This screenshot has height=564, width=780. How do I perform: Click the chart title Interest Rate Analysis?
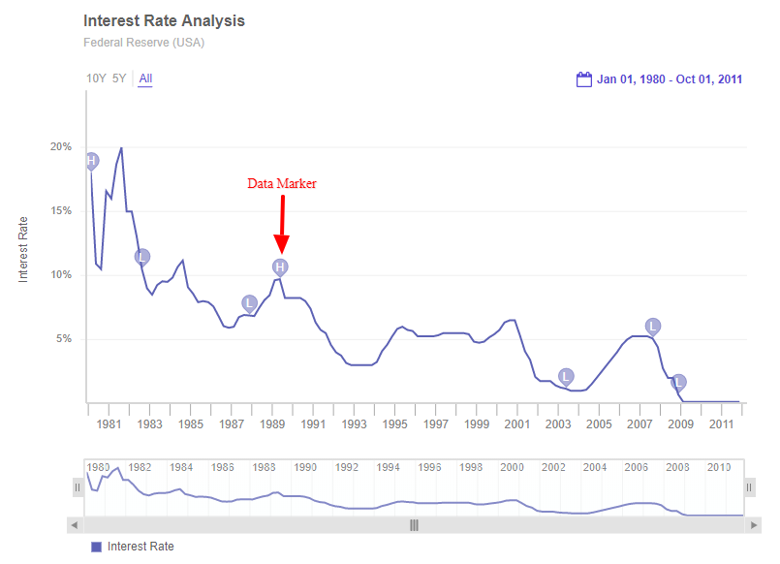pos(164,20)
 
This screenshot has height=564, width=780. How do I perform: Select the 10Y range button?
pos(96,78)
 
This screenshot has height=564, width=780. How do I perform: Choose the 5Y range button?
pos(119,78)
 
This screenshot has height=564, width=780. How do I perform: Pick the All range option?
pos(145,78)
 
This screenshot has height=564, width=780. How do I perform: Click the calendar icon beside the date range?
pos(584,79)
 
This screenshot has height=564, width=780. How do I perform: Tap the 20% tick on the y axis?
pos(61,146)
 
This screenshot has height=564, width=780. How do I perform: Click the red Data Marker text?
pos(281,183)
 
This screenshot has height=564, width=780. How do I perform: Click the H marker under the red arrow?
pos(280,266)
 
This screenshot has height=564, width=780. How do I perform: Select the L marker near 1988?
pos(250,302)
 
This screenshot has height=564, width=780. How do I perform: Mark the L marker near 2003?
pos(566,376)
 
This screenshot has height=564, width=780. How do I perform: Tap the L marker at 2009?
pos(678,382)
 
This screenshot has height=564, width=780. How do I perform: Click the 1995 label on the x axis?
pos(394,424)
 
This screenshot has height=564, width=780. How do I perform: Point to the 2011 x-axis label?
pos(721,424)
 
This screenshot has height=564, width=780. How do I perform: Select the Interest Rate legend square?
pos(96,547)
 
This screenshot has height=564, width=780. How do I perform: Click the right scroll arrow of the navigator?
pos(754,524)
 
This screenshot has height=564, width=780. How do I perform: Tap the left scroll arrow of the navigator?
pos(75,524)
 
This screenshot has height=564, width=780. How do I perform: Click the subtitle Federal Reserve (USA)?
pos(143,43)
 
